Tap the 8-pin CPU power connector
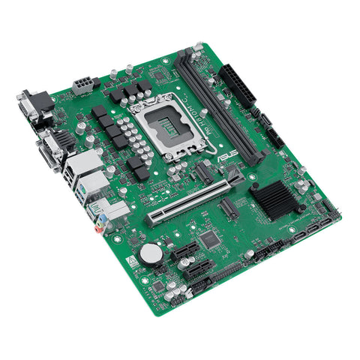[x=83, y=85]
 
